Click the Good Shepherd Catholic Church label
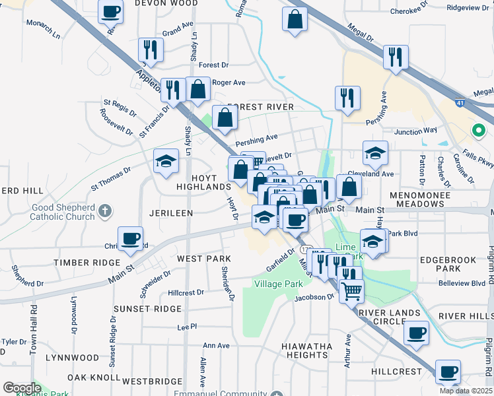click(63, 212)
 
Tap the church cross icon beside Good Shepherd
click(104, 212)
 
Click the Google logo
click(22, 388)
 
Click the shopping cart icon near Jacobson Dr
click(351, 288)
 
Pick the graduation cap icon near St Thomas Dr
click(166, 160)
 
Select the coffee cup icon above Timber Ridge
click(130, 238)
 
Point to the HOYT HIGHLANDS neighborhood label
click(203, 183)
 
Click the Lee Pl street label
click(187, 327)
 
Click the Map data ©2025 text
click(465, 391)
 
